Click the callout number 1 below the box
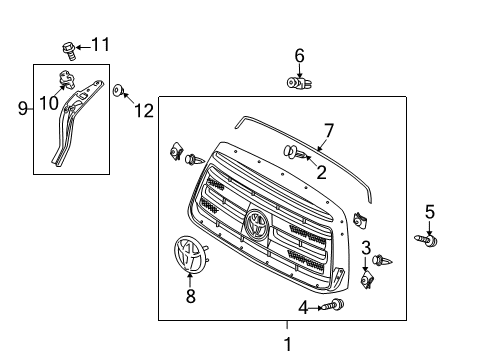click(x=287, y=345)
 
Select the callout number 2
click(x=321, y=172)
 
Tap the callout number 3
click(x=366, y=247)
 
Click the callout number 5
click(x=430, y=211)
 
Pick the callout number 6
click(x=299, y=56)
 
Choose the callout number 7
click(x=327, y=130)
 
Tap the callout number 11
click(x=100, y=44)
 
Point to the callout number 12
click(x=144, y=111)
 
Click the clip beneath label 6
click(x=297, y=84)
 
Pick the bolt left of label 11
click(x=70, y=46)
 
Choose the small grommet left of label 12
click(x=118, y=91)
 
